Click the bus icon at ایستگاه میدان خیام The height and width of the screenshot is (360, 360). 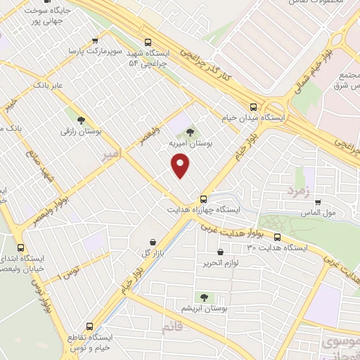(x=253, y=107)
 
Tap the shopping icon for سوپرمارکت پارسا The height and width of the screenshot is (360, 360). (x=95, y=41)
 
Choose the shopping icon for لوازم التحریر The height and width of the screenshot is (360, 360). (x=221, y=252)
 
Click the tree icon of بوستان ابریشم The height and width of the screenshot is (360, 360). (x=205, y=297)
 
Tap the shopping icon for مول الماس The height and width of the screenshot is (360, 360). (x=318, y=202)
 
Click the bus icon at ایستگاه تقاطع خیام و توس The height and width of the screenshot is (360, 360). (x=89, y=326)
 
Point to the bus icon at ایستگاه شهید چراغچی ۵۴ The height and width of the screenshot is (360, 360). (x=147, y=41)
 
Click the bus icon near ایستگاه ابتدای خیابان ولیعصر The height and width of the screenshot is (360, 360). (x=20, y=247)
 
